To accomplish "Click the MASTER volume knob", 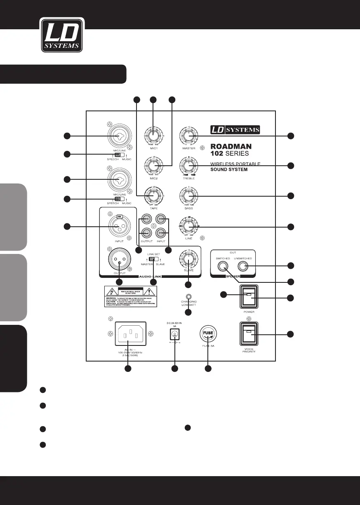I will click(188, 136).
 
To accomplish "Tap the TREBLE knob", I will click(188, 166).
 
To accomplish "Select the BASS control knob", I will click(188, 195).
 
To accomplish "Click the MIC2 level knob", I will click(153, 166).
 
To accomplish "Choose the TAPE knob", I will click(153, 195).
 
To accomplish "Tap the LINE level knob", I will click(188, 226).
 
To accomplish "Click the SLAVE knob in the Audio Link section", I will click(188, 261).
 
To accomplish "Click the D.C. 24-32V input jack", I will click(174, 333).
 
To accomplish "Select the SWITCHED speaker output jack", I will click(224, 266).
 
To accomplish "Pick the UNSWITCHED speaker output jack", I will click(242, 266).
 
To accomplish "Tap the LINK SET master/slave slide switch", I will click(153, 259).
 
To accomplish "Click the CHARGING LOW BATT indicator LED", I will click(188, 296).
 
